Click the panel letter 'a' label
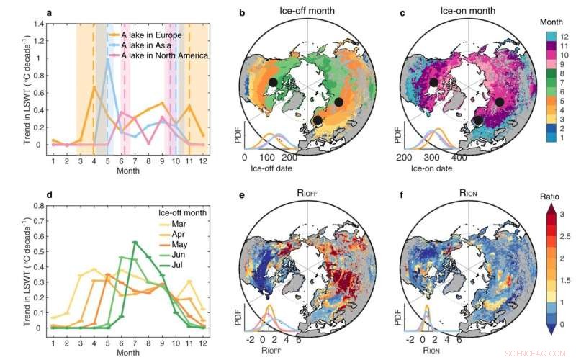pyautogui.click(x=48, y=13)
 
